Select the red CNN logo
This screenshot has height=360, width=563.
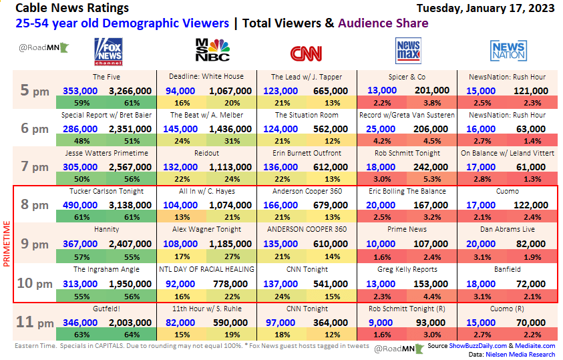(x=307, y=53)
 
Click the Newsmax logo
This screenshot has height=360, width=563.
(x=407, y=51)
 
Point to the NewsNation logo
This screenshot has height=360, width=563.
(x=508, y=51)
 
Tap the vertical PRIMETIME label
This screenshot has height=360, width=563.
(x=8, y=245)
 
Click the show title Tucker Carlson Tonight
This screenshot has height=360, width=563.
(x=107, y=191)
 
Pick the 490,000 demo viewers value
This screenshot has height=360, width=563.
(x=80, y=205)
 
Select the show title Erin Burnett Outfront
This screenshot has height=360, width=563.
(x=307, y=153)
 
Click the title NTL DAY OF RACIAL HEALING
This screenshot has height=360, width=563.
(x=206, y=269)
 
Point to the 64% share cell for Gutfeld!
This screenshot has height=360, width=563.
(x=132, y=335)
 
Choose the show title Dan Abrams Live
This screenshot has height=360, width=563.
(x=508, y=230)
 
